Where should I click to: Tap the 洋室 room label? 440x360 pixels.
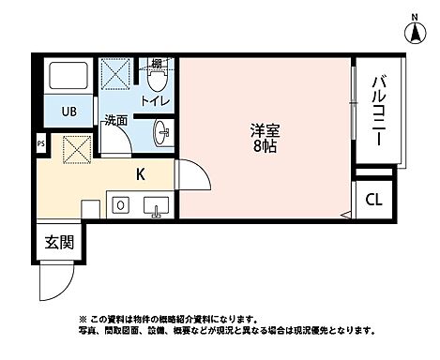[x=265, y=130]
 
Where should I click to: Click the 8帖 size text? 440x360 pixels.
[x=265, y=147]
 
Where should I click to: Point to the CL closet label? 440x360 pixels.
[x=373, y=200]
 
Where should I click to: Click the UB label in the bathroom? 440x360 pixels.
[x=68, y=112]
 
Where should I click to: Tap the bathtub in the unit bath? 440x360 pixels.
[x=68, y=79]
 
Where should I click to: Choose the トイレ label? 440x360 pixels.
[x=155, y=99]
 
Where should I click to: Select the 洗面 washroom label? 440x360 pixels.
[x=115, y=121]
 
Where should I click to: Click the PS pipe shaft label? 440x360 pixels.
[x=39, y=143]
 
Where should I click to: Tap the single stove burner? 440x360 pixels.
[x=120, y=204]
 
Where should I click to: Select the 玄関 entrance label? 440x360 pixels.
[x=56, y=242]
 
